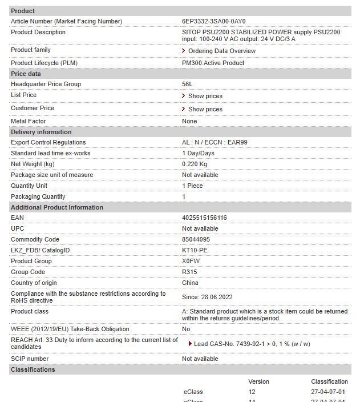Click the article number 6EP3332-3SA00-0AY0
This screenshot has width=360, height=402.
click(213, 21)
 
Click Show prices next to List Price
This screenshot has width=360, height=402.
click(205, 96)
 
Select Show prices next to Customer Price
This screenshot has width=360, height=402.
click(205, 109)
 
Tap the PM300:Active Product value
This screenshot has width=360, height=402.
click(213, 63)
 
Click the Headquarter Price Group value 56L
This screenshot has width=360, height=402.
click(187, 84)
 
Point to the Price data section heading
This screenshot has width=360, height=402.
click(26, 74)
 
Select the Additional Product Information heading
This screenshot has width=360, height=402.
click(57, 207)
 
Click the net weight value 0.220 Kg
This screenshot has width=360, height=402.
click(195, 164)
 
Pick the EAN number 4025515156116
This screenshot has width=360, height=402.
click(204, 218)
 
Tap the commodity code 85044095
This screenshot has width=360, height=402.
click(196, 239)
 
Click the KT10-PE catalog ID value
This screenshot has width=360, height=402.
click(195, 250)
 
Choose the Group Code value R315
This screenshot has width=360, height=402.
click(189, 272)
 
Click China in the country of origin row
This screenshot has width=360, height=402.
click(190, 283)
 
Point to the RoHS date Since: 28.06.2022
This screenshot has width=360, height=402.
click(207, 297)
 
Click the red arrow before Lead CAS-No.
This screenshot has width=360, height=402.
click(190, 344)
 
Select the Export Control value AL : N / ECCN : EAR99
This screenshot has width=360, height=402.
click(214, 142)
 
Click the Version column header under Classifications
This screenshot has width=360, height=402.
click(258, 381)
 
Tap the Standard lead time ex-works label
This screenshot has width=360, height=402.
click(50, 153)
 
